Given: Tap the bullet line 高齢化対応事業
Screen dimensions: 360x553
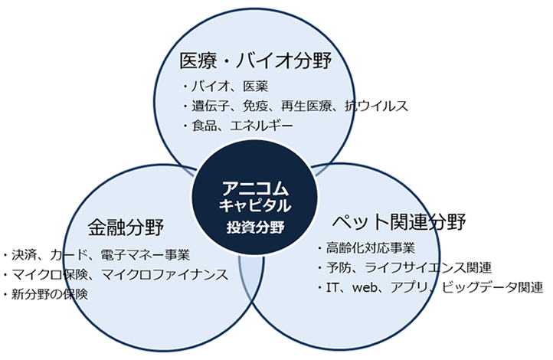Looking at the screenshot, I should (x=371, y=247).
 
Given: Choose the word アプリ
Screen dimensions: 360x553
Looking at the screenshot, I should (x=414, y=287).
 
